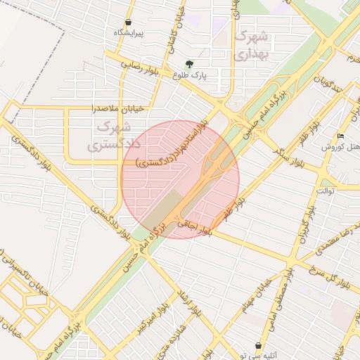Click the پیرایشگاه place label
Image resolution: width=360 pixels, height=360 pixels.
(129, 33)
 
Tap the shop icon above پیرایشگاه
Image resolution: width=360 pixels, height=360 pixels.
(128, 22)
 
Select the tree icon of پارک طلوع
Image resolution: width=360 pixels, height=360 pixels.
(189, 64)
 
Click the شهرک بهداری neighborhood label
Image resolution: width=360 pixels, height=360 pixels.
(251, 44)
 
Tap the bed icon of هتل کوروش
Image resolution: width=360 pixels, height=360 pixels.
(340, 136)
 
